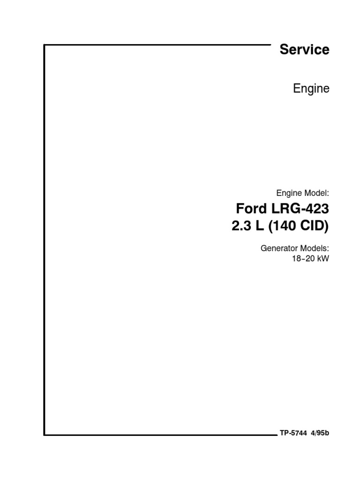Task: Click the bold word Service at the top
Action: click(304, 50)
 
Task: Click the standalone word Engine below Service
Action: click(311, 89)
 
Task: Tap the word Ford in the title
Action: click(249, 209)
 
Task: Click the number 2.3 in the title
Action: click(241, 226)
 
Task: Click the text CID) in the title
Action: click(315, 226)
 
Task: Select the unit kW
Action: click(323, 258)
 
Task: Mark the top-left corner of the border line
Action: click(45, 45)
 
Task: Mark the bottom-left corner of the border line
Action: click(45, 435)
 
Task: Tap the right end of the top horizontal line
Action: click(270, 45)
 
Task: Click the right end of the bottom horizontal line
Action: click(277, 435)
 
